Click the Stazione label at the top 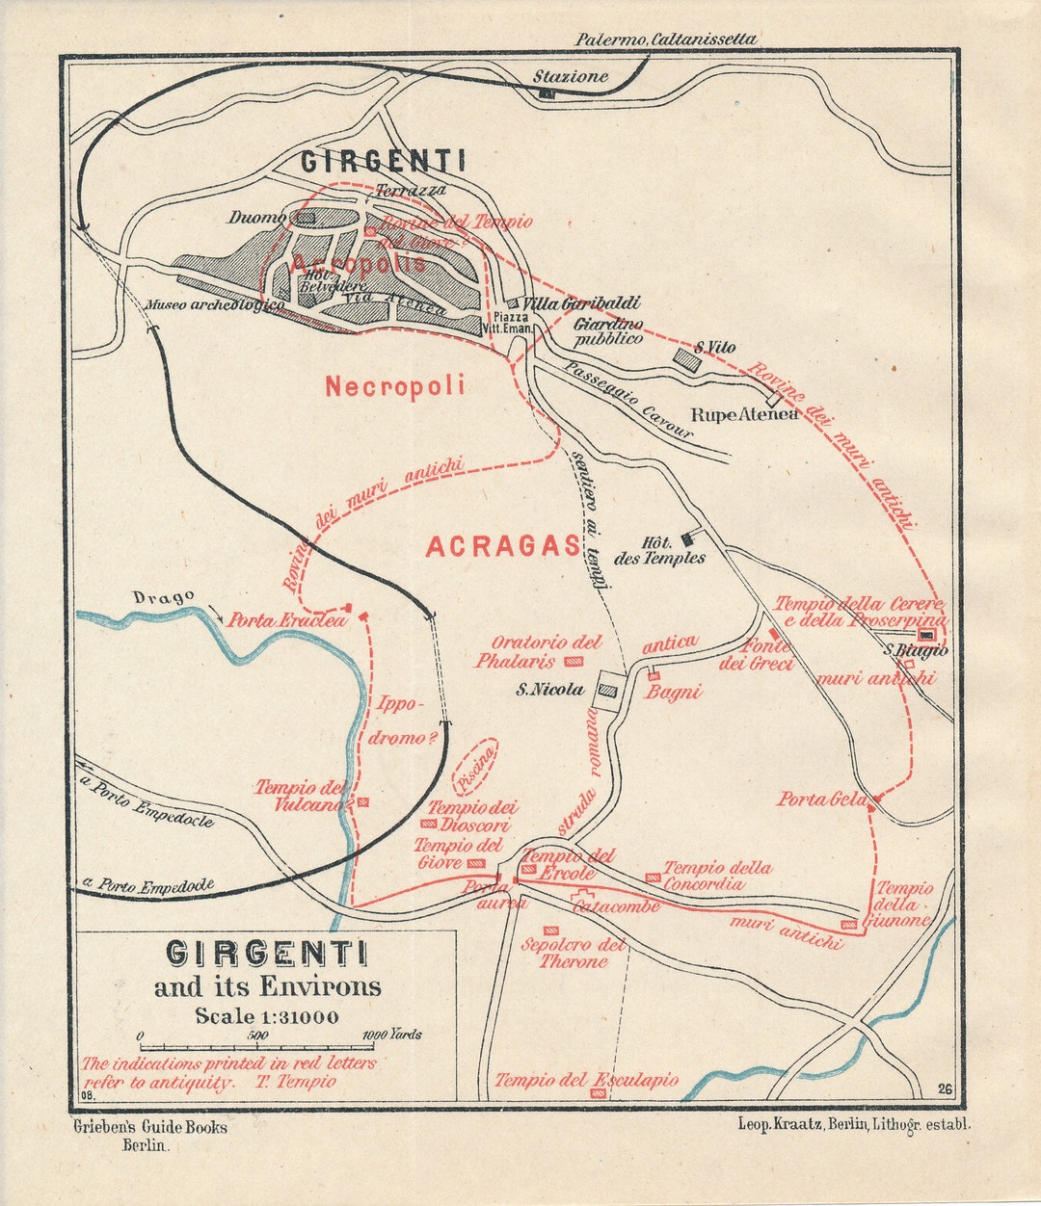click(572, 76)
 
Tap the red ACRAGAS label click(503, 546)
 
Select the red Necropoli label click(394, 386)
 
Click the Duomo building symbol click(306, 219)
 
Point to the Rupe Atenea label click(745, 415)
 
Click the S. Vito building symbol click(686, 360)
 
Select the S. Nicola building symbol click(607, 689)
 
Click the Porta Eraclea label click(285, 621)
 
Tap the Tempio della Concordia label click(717, 876)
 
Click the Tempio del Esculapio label click(586, 1081)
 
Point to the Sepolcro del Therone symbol click(551, 931)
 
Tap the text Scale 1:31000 click(267, 1015)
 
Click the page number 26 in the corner click(944, 1089)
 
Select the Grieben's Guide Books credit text click(150, 1126)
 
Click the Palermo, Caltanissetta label click(666, 39)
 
